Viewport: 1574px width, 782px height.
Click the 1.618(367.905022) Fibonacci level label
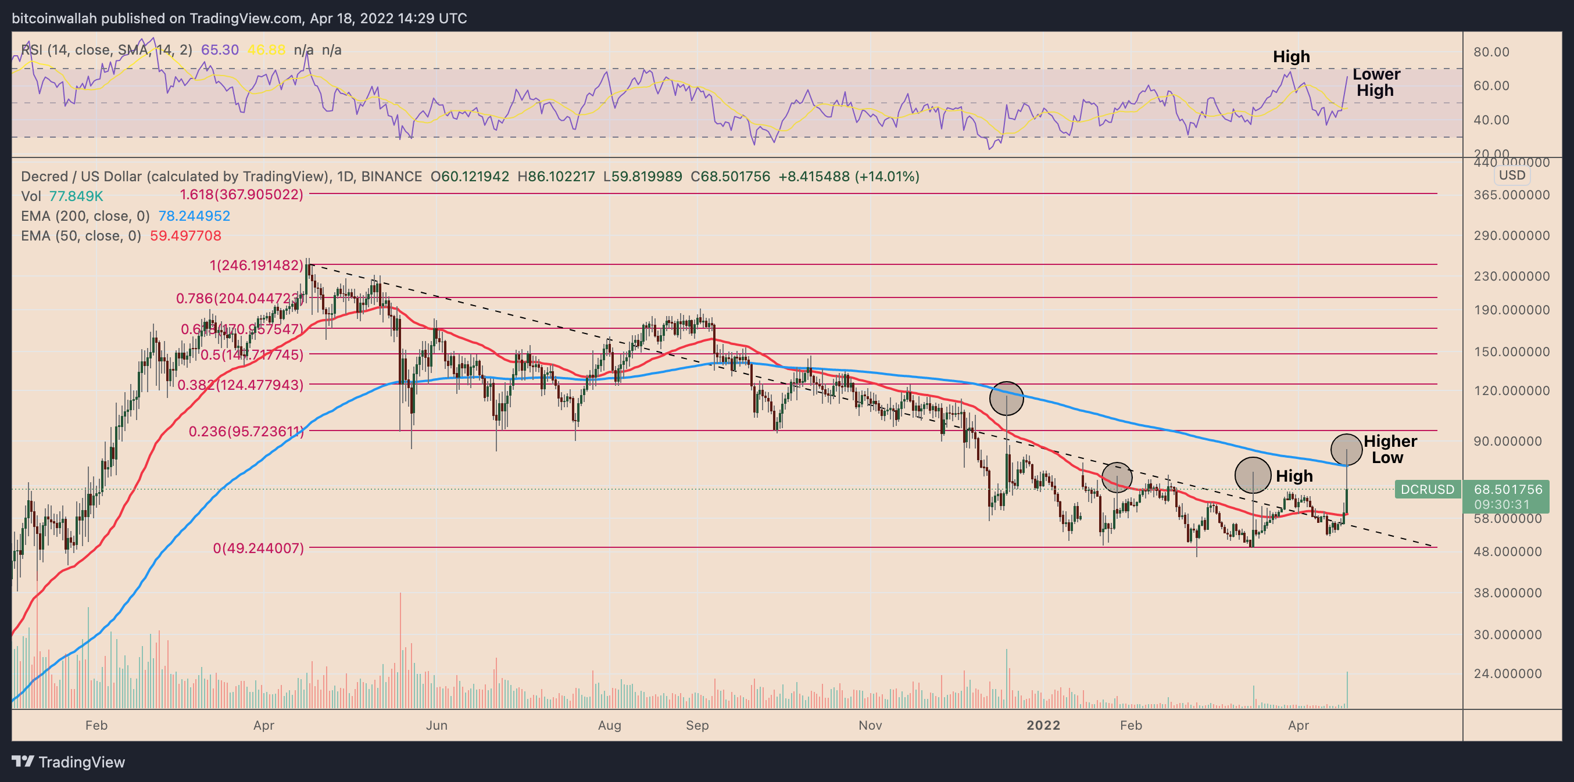pyautogui.click(x=241, y=195)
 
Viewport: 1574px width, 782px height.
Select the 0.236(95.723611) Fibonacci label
pyautogui.click(x=246, y=431)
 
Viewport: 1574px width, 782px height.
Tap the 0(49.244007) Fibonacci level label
pyautogui.click(x=258, y=548)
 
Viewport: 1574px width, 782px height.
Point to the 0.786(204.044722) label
pyautogui.click(x=239, y=298)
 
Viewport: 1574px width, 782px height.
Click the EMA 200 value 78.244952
pyautogui.click(x=194, y=216)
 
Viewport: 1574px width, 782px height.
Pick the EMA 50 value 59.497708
pyautogui.click(x=186, y=236)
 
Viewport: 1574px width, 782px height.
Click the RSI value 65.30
pyautogui.click(x=220, y=50)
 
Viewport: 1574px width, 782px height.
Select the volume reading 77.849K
pyautogui.click(x=76, y=196)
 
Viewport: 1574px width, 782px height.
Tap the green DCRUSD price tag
pyautogui.click(x=1428, y=489)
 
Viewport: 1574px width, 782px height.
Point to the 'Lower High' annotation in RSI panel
pyautogui.click(x=1376, y=82)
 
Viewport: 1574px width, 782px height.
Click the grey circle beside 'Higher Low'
pyautogui.click(x=1346, y=449)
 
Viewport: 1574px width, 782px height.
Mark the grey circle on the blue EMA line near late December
pyautogui.click(x=1006, y=399)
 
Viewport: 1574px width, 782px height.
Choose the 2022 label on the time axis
pyautogui.click(x=1043, y=725)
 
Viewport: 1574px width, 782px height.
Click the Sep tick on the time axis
pyautogui.click(x=697, y=725)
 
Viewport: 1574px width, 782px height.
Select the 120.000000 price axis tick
pyautogui.click(x=1511, y=390)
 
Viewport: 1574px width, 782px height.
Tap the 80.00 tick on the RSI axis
pyautogui.click(x=1491, y=52)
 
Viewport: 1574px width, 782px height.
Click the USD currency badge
pyautogui.click(x=1512, y=175)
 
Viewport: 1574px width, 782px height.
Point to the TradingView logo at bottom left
pyautogui.click(x=69, y=762)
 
